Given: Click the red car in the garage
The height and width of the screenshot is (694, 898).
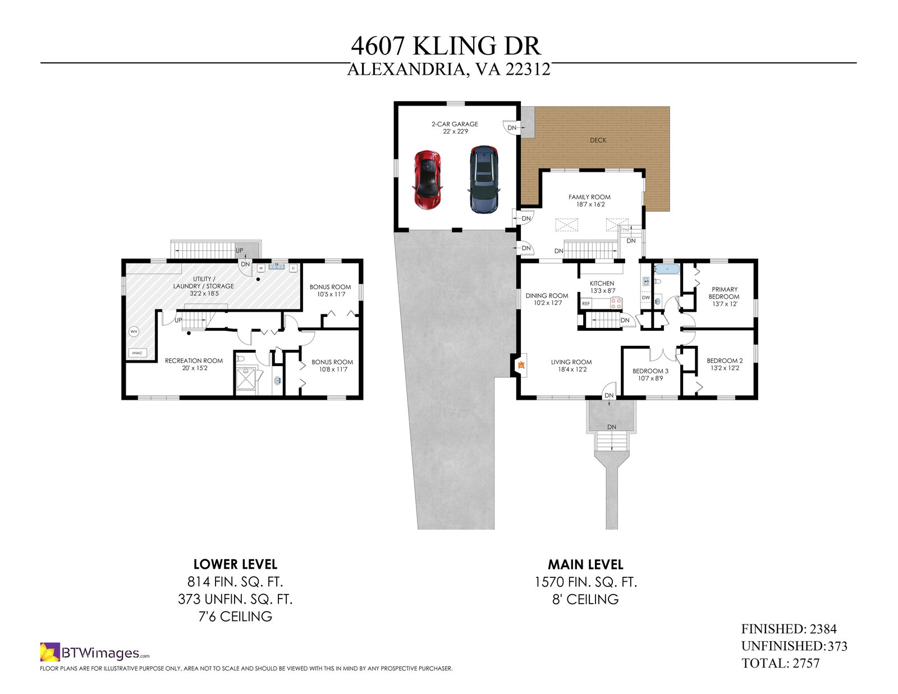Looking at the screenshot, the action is pos(428,179).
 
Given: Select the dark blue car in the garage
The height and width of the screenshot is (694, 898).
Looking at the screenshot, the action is pos(483,179).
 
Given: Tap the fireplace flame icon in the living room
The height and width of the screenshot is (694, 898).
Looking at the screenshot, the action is pos(521,365).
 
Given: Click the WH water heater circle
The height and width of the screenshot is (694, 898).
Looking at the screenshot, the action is pos(134,332).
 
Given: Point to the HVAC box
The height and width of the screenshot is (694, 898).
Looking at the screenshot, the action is pos(138,353).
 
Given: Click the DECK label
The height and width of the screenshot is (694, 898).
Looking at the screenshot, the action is pos(598,140).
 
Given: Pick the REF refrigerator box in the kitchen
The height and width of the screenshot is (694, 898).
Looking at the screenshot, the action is pos(586,304).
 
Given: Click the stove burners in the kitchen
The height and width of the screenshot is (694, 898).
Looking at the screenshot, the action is pos(616,303).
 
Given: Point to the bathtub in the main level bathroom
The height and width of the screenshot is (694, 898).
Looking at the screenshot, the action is pos(666,269).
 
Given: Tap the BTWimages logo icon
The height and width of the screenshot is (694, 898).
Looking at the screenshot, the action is pos(49,652).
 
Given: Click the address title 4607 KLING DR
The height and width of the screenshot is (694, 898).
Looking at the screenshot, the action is pos(446,45).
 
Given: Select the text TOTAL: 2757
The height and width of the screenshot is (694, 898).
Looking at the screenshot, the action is pos(780,663).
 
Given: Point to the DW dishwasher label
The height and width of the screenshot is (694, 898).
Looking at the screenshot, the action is pos(646,298).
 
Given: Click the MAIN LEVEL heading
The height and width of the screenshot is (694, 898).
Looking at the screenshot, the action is pos(585,564).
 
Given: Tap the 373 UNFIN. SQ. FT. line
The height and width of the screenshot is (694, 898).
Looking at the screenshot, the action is pos(235,599).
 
